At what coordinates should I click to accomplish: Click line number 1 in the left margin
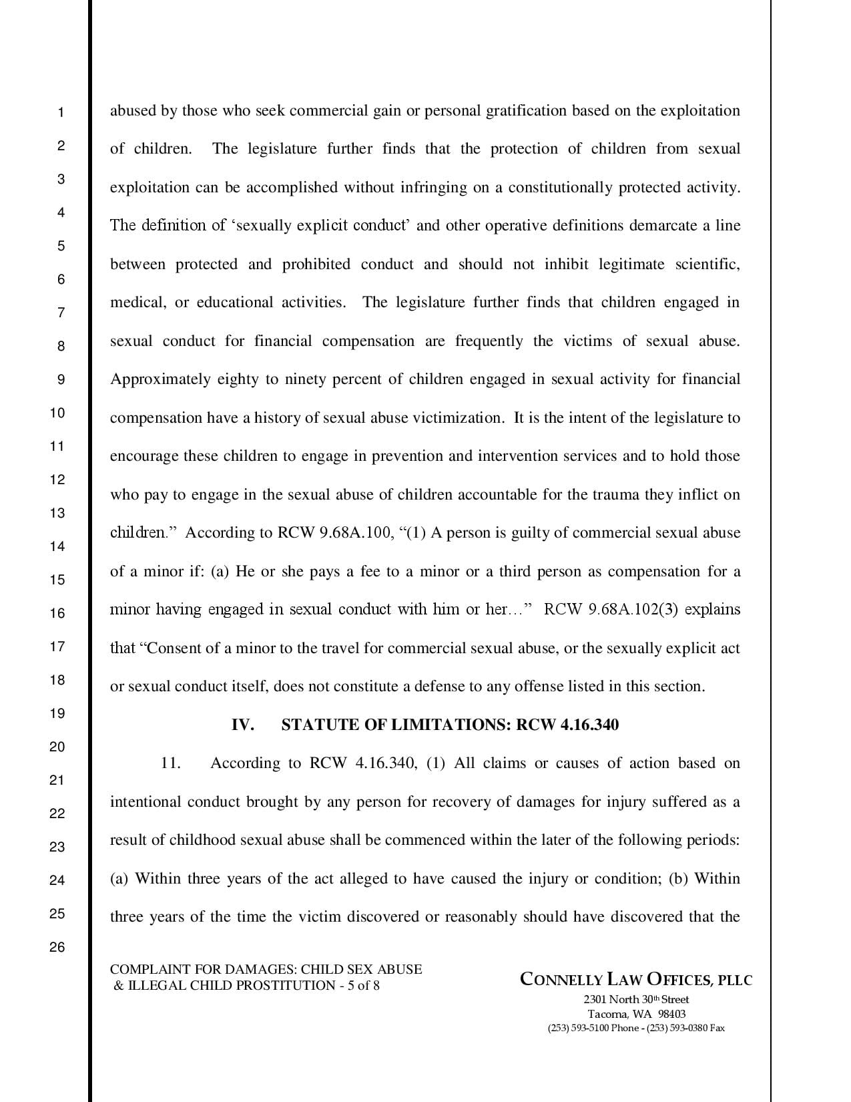(60, 112)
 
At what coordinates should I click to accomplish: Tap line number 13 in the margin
(57, 513)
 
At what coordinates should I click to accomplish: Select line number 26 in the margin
(57, 946)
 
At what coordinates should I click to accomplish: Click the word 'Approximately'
(160, 379)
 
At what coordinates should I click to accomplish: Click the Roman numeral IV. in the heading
(242, 725)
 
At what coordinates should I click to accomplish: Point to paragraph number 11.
(171, 763)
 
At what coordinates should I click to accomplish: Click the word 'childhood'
(202, 840)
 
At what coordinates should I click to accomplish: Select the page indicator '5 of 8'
(364, 986)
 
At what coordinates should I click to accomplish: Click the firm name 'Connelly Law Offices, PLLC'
(636, 980)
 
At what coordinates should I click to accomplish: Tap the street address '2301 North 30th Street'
(636, 1000)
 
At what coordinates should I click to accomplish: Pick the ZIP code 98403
(672, 1014)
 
